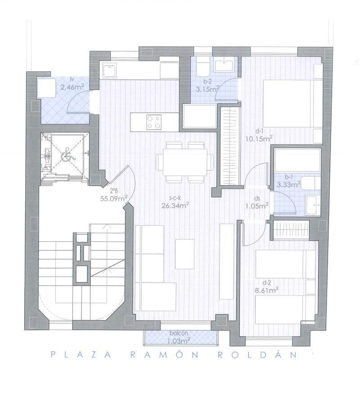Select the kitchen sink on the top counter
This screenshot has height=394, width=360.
(x=109, y=71)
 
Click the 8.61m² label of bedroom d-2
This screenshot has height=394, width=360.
(x=266, y=290)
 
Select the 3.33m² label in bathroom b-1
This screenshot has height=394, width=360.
(x=289, y=185)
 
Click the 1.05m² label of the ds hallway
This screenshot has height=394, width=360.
(x=257, y=206)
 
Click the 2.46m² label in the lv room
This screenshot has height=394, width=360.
(x=72, y=87)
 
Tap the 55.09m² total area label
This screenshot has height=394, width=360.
(x=114, y=199)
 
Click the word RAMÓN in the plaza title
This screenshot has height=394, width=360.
(x=165, y=355)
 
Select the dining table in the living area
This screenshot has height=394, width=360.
(x=185, y=163)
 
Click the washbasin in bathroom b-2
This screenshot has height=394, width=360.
(x=224, y=64)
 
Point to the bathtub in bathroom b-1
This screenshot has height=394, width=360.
(x=297, y=160)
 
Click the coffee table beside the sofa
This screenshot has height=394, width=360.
(x=185, y=254)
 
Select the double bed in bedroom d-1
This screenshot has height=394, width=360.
(x=292, y=103)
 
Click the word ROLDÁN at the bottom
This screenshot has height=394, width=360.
(x=257, y=355)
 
